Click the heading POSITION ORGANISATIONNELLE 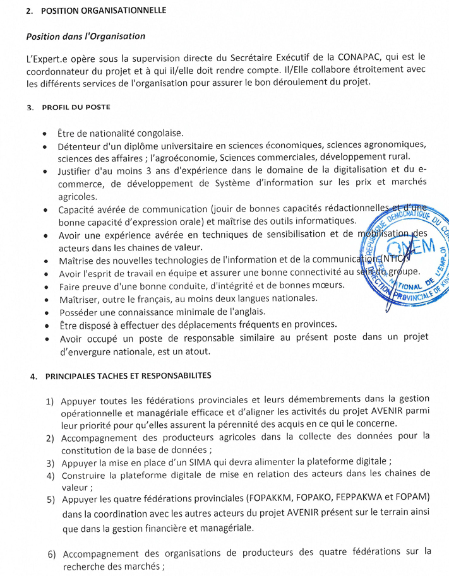pos(104,11)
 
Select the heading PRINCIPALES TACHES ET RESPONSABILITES pos(129,376)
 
